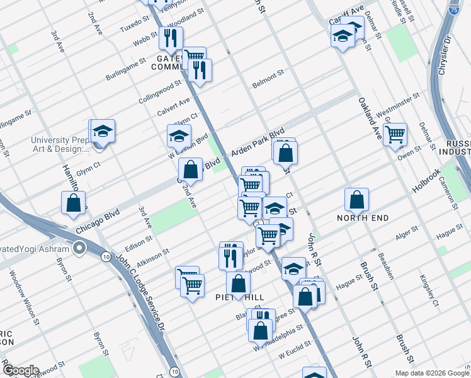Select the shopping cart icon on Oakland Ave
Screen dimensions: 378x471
(395, 134)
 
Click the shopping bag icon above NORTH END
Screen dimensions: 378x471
(357, 200)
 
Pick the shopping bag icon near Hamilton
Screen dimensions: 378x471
(73, 203)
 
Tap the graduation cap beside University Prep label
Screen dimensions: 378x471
(103, 132)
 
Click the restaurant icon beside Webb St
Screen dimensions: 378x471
(171, 39)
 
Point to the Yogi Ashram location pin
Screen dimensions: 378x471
(79, 248)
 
